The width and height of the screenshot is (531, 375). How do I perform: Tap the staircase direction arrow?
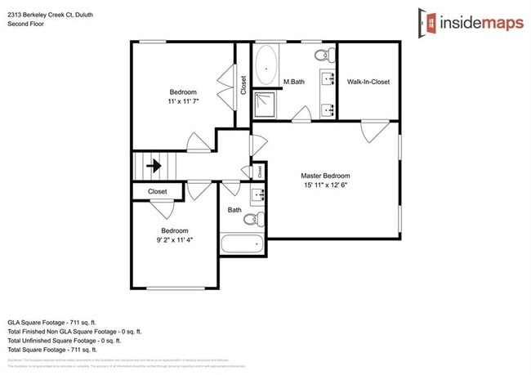coord(153,166)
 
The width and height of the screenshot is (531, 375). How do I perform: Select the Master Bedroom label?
coord(325,176)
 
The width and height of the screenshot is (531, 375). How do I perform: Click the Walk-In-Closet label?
coord(368,82)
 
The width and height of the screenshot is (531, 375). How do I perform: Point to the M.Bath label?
coord(294,82)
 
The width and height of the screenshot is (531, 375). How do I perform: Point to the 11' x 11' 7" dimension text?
coord(184,100)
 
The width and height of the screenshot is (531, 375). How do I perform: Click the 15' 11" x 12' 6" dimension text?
coord(325,185)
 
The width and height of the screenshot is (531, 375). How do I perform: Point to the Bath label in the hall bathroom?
coord(234,210)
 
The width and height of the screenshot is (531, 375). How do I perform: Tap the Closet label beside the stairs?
coord(158,191)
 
